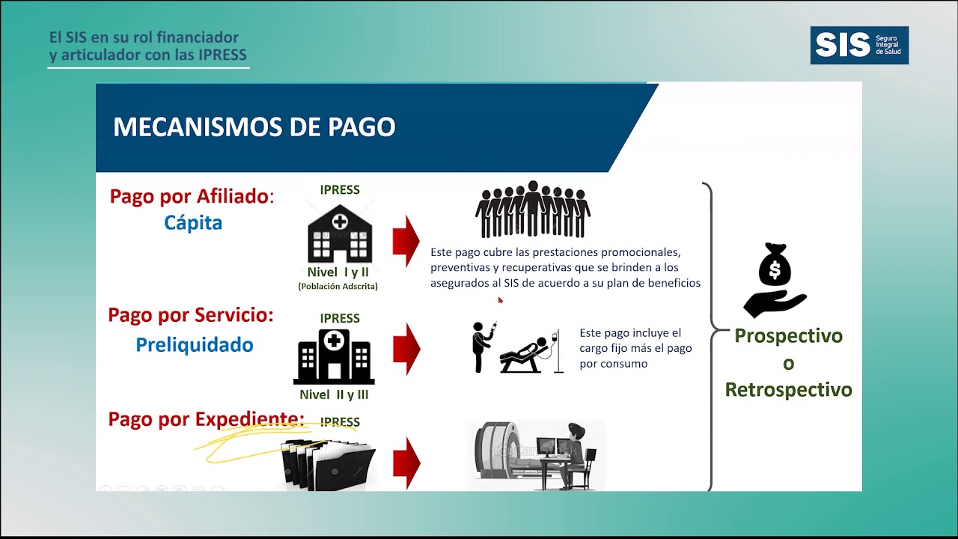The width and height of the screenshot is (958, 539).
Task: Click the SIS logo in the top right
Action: coord(858,45)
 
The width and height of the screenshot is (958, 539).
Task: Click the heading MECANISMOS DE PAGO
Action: coord(254,127)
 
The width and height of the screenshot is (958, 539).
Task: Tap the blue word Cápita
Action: coord(193,223)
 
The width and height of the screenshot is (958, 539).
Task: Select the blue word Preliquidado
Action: coord(195,345)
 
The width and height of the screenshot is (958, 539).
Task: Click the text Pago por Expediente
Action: coord(206,419)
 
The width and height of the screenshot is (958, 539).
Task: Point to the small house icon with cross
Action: coord(339,233)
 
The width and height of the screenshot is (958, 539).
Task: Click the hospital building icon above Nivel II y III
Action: coord(334,356)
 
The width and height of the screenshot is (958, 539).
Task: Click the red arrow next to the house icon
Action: coord(406,240)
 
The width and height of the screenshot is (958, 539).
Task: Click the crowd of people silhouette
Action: coord(533,209)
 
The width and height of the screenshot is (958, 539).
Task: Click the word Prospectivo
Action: coord(788,335)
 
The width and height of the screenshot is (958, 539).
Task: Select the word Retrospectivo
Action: coord(788,390)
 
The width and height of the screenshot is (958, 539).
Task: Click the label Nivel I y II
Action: coord(338,272)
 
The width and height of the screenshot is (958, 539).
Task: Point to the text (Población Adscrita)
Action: coord(338,287)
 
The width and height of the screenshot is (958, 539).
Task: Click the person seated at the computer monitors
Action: coord(574,452)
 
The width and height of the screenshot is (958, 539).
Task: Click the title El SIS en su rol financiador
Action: coord(144,37)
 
